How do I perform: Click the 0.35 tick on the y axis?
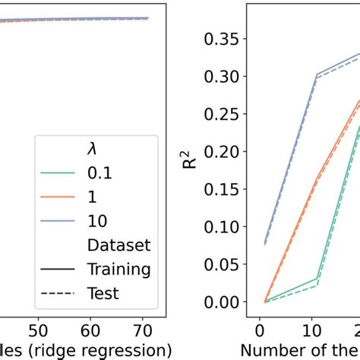point(225,39)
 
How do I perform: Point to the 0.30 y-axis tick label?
point(225,77)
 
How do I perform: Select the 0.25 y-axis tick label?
point(225,114)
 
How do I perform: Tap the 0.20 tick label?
point(225,152)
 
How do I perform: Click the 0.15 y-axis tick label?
point(225,189)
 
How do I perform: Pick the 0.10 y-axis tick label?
point(225,226)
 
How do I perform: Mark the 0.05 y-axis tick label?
point(225,264)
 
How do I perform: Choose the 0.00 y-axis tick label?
point(225,302)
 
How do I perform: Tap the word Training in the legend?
point(118,268)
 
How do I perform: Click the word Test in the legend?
point(103,292)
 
